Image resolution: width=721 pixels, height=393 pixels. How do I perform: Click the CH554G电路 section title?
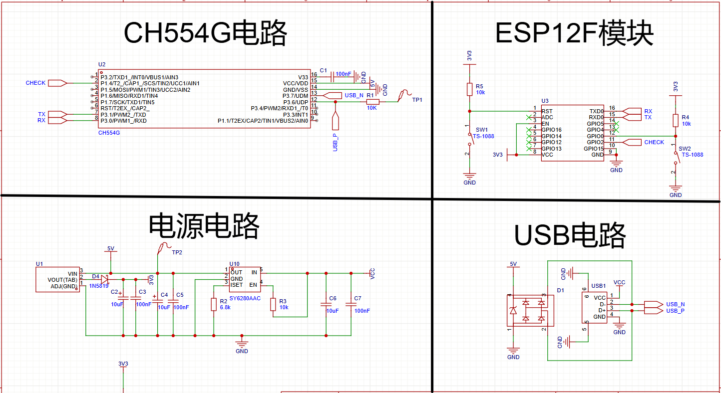[x=205, y=34]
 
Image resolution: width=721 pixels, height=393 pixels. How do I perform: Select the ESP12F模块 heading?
[x=574, y=34]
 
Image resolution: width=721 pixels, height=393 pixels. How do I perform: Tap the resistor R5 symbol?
[x=469, y=89]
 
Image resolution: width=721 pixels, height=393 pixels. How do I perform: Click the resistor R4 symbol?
[x=676, y=120]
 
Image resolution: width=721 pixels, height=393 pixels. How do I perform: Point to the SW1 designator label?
[x=482, y=129]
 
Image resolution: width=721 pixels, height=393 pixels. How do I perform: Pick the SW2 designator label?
[x=685, y=149]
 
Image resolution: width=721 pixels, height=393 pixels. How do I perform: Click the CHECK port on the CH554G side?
[x=35, y=83]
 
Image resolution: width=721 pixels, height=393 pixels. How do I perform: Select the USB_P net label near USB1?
[x=676, y=311]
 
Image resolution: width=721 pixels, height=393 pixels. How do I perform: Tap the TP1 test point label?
[x=417, y=100]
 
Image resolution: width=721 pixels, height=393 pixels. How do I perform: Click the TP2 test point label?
[x=177, y=252]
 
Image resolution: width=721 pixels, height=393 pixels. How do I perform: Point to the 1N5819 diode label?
[x=99, y=286]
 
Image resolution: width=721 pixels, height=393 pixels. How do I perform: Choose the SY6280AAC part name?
[x=245, y=298]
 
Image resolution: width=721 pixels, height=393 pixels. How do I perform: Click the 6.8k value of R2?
[x=225, y=308]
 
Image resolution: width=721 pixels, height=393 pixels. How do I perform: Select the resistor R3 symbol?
[x=273, y=304]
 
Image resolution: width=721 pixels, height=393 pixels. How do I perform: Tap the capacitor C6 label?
[x=333, y=298]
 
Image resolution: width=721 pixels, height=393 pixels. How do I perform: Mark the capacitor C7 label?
[x=358, y=298]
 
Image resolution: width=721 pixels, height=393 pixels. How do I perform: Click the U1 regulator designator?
[x=39, y=263]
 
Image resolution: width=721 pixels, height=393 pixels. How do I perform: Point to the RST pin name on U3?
[x=547, y=111]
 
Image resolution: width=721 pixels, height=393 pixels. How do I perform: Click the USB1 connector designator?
[x=598, y=286]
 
